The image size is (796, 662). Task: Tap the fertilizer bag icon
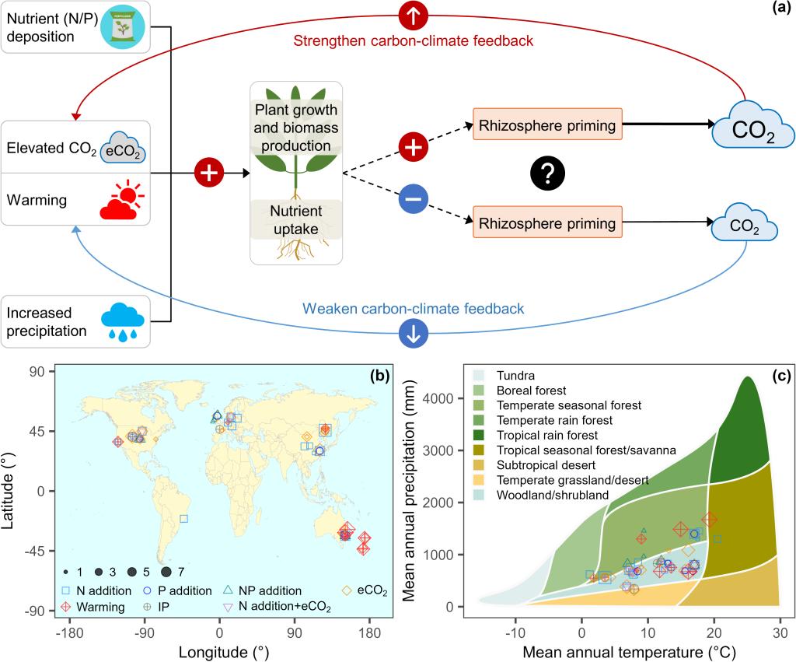click(x=120, y=26)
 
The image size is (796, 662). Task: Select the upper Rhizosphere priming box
click(x=547, y=124)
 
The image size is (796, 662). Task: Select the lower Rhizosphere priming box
click(x=547, y=223)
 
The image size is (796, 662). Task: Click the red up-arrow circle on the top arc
click(x=414, y=15)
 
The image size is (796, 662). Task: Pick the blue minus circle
click(x=414, y=201)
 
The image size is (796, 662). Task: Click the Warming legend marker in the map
click(x=67, y=607)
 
